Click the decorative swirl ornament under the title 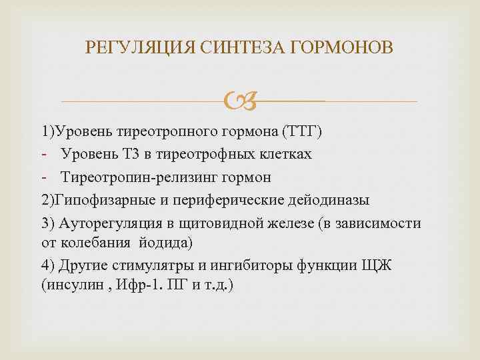tap(239, 101)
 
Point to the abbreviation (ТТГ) tap(302, 131)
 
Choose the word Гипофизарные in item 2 tap(103, 200)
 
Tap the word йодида tap(171, 240)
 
